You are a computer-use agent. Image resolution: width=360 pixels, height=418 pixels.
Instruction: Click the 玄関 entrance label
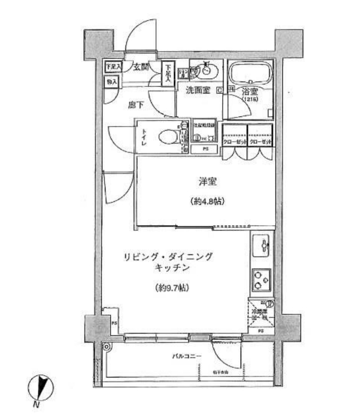[141, 67]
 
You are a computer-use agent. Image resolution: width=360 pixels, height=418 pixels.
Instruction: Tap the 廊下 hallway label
[136, 103]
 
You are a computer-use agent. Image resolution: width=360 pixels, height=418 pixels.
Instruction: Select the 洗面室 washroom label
[197, 91]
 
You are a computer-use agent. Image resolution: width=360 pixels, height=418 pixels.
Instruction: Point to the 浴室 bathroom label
[249, 91]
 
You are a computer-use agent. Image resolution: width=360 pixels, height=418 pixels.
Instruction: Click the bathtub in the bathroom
[249, 73]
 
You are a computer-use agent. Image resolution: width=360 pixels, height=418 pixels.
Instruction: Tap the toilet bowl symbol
[167, 135]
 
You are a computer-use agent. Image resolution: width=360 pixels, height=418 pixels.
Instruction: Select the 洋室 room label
[205, 181]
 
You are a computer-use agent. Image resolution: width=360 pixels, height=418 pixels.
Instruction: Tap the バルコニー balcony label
[186, 356]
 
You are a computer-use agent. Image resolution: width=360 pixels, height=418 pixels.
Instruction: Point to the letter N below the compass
[36, 404]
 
